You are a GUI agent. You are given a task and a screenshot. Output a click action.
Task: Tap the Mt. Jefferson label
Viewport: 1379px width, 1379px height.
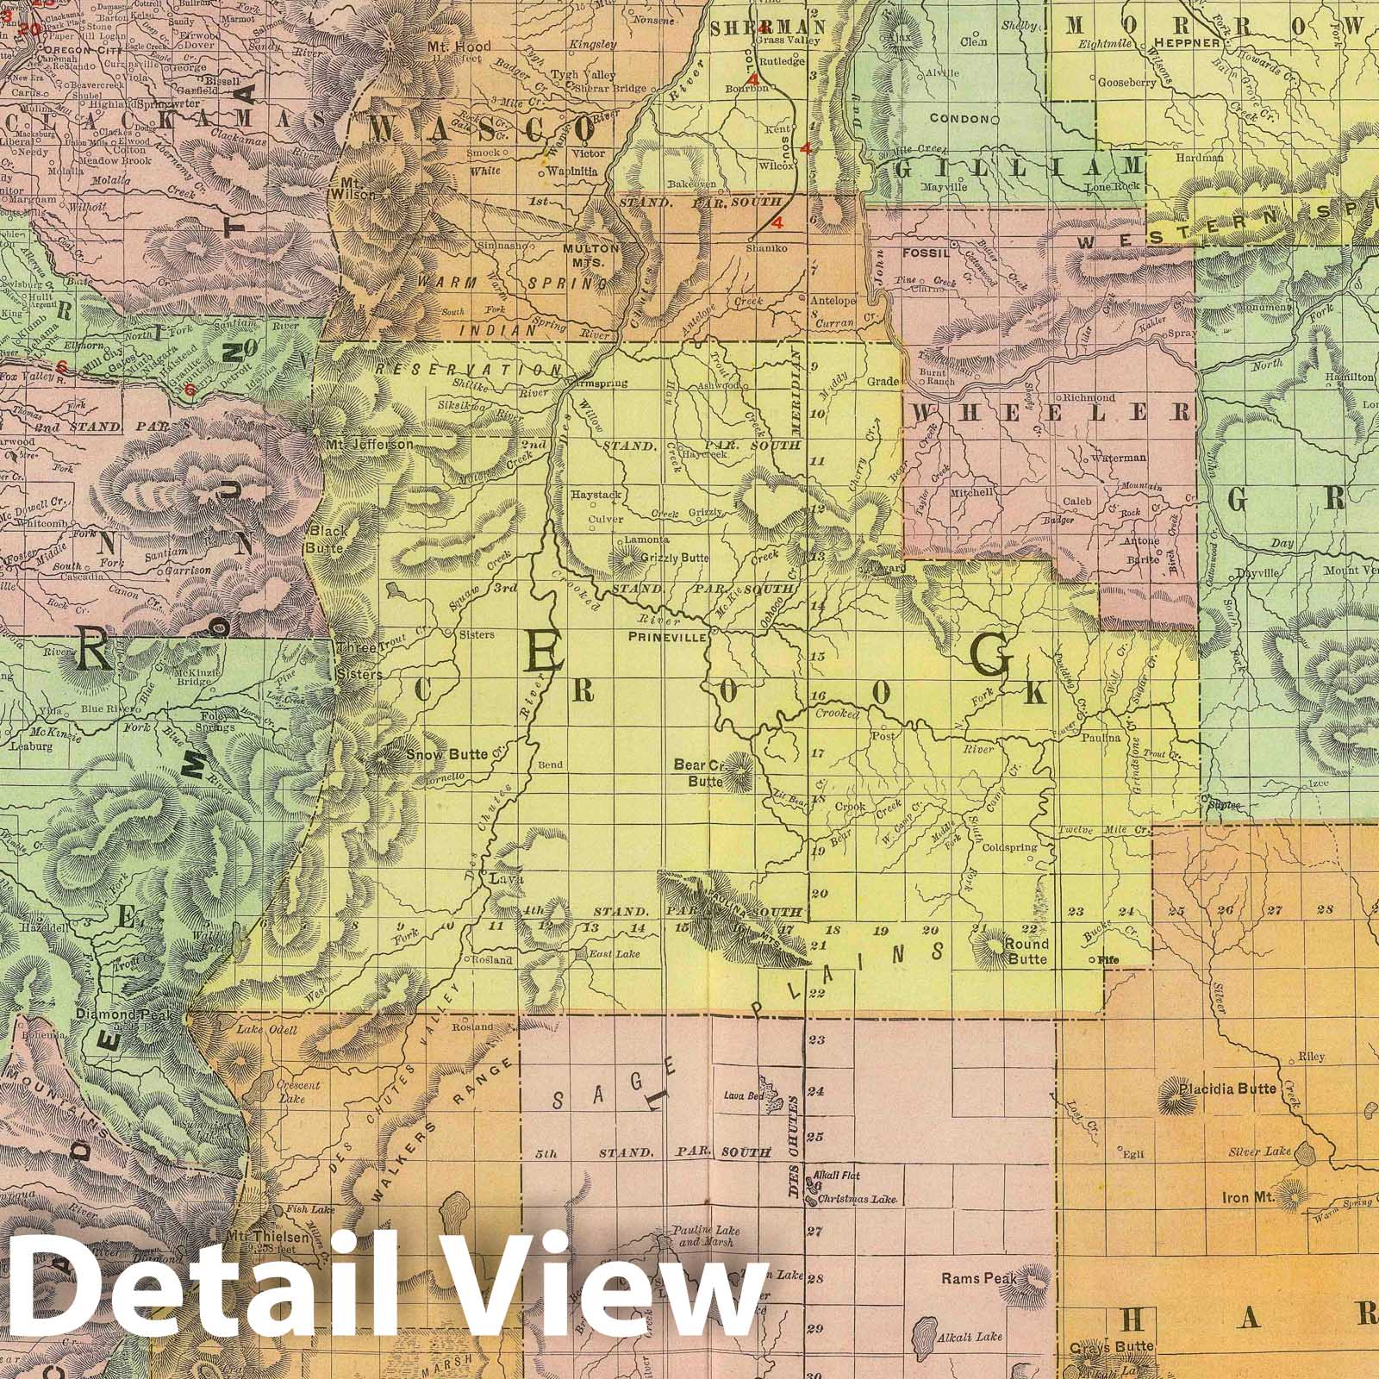(368, 445)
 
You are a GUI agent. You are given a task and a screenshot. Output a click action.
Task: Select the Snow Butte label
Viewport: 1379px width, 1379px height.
(440, 754)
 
